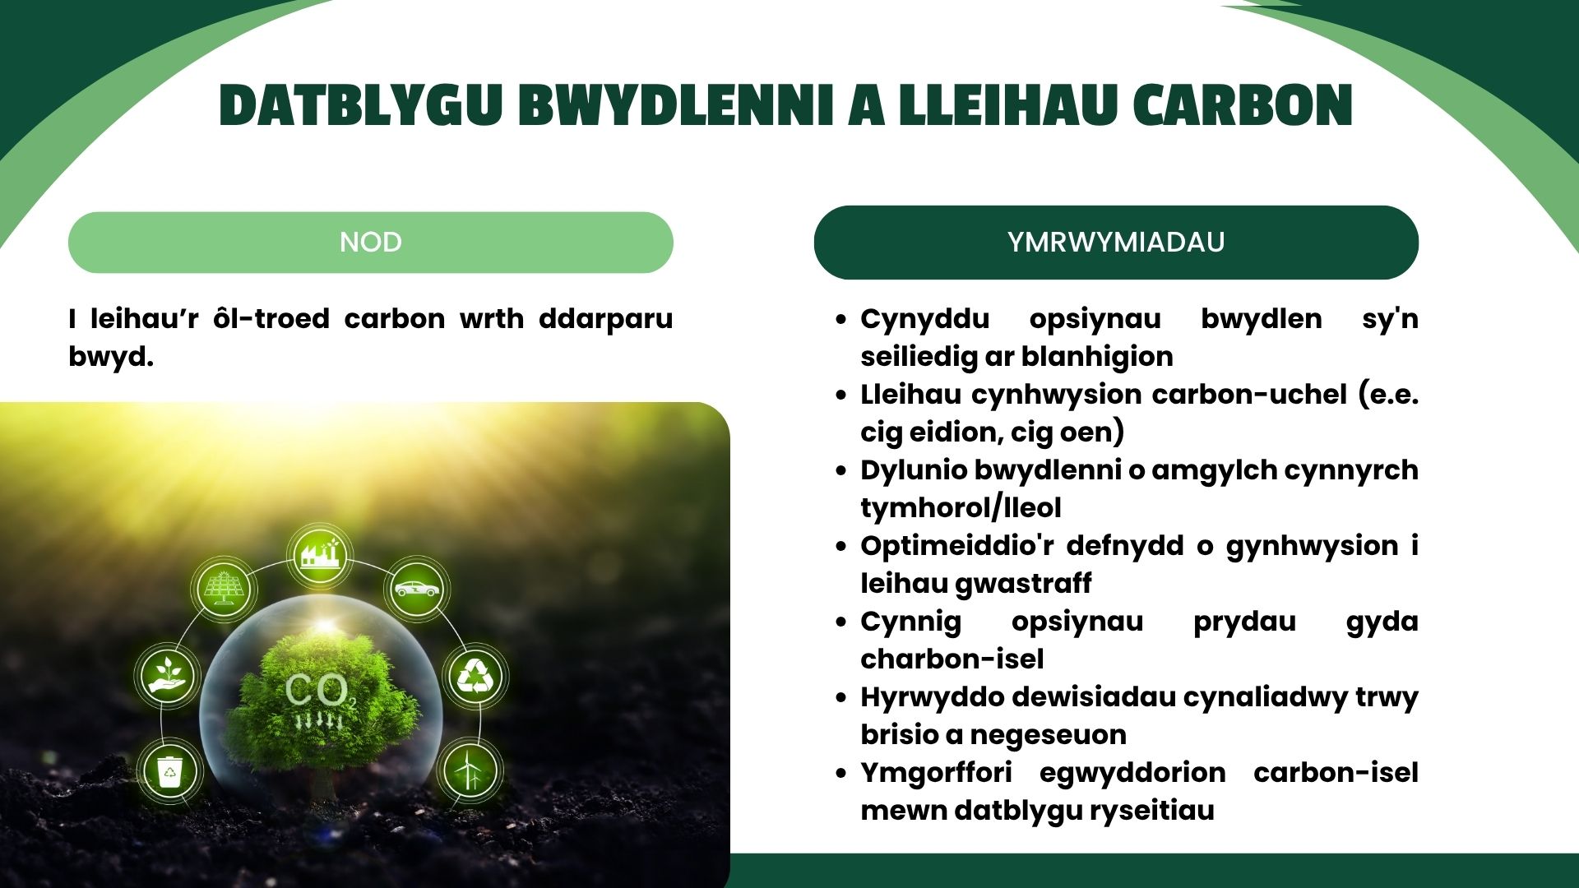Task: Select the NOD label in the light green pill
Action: click(x=371, y=242)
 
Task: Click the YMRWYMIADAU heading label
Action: click(x=1116, y=242)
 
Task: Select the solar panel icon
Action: click(x=223, y=587)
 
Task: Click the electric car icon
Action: click(x=416, y=589)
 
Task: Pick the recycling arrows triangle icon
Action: click(x=474, y=676)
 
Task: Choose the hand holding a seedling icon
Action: click(x=168, y=674)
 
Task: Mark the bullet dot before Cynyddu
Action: click(x=840, y=319)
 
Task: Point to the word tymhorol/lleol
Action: click(x=961, y=508)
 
